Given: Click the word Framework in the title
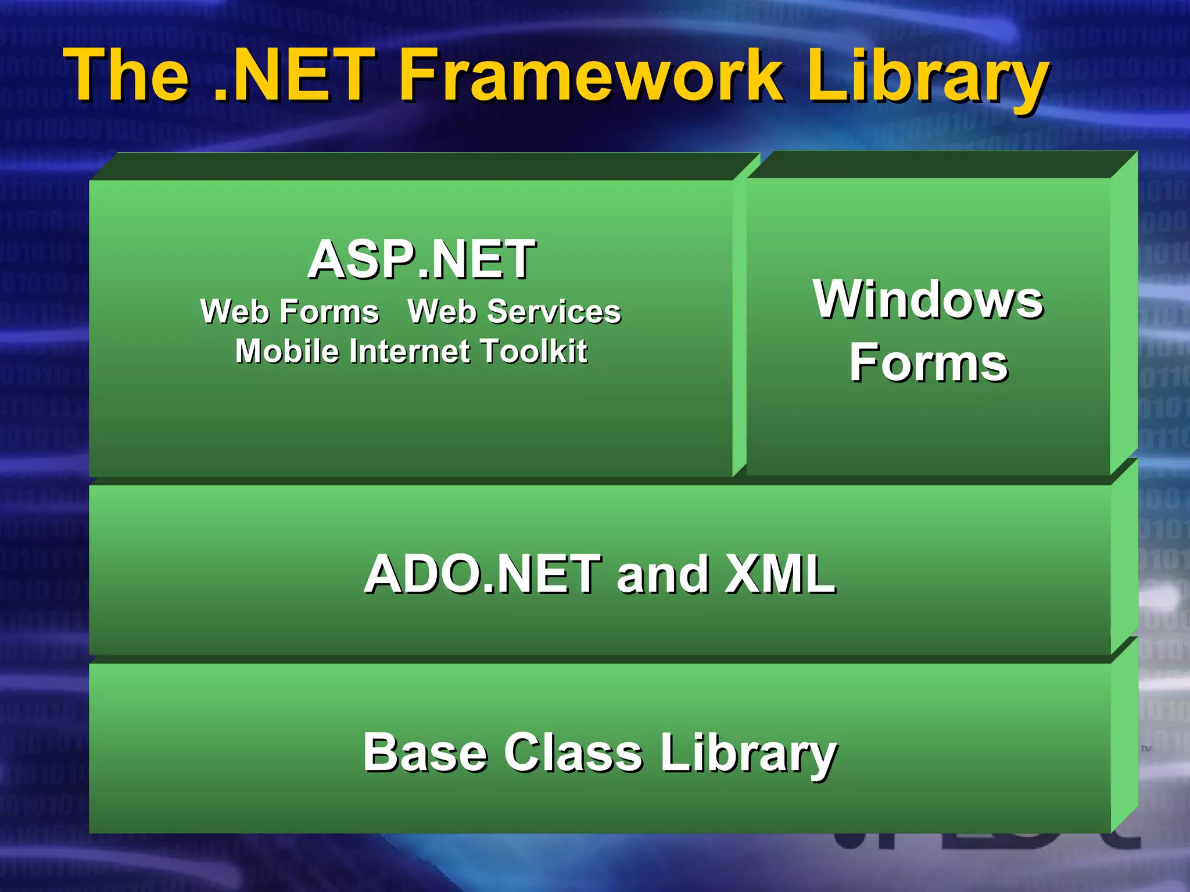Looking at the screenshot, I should (x=590, y=75).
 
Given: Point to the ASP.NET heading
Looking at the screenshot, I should (x=421, y=260).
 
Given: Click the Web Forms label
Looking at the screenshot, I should (x=289, y=311).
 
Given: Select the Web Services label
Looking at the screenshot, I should (x=514, y=311).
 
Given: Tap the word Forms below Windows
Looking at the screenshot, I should (x=928, y=363).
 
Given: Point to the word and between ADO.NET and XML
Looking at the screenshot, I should (x=662, y=575).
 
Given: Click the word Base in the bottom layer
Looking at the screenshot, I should (x=425, y=753).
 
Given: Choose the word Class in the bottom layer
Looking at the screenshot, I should (x=573, y=753).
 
